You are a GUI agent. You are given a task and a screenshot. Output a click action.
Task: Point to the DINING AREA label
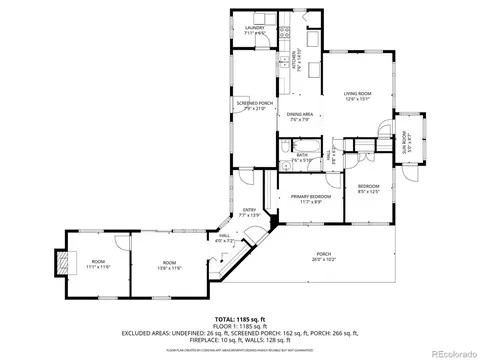tap(301, 116)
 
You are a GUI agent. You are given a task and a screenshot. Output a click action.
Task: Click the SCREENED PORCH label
tap(254, 105)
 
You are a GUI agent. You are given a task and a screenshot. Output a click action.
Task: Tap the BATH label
tap(302, 156)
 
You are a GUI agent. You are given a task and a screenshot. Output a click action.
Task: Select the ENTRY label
tap(249, 212)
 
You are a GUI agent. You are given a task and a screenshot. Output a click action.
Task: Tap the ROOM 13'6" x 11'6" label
tap(168, 266)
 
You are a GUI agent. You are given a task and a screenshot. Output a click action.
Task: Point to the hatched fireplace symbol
tap(67, 262)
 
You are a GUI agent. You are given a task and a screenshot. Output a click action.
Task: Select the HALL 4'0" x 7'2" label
tap(225, 238)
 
